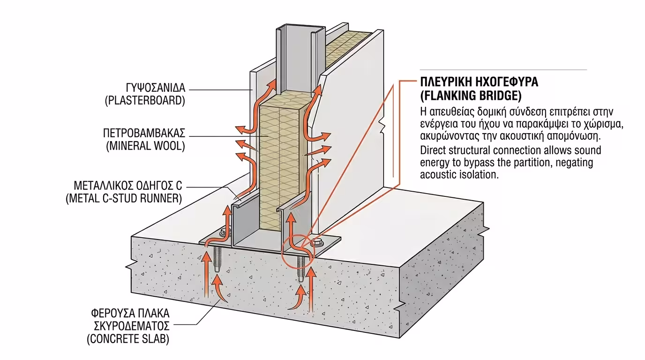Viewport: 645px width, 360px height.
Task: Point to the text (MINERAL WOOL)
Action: (145, 146)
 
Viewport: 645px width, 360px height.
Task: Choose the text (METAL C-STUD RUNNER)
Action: (123, 198)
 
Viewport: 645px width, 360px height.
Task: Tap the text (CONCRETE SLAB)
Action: (128, 339)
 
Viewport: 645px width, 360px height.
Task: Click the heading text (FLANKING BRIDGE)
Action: (471, 96)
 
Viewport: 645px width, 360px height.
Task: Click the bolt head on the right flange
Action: (317, 242)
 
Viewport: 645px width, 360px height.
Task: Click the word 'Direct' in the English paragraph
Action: (434, 151)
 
